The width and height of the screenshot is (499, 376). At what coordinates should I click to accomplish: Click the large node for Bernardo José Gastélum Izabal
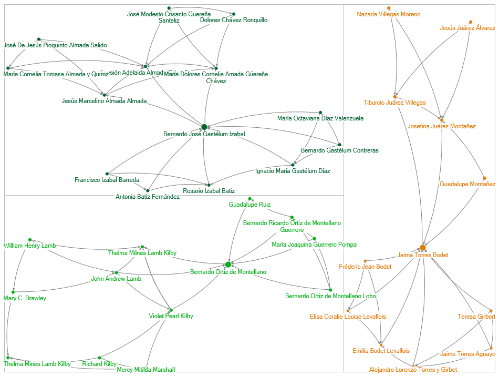pyautogui.click(x=204, y=127)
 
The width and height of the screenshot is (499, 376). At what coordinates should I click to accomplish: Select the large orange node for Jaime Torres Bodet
pyautogui.click(x=423, y=248)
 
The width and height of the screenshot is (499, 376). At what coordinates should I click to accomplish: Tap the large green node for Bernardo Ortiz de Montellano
pyautogui.click(x=228, y=265)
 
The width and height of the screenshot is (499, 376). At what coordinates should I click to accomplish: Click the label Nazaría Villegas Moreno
pyautogui.click(x=388, y=15)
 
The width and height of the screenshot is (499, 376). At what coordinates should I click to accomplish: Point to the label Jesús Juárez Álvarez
pyautogui.click(x=467, y=28)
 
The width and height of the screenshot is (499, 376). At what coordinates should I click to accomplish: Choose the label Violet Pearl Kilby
pyautogui.click(x=171, y=317)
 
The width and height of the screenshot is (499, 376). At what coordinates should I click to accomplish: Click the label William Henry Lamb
pyautogui.click(x=30, y=246)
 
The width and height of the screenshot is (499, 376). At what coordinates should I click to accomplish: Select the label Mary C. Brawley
pyautogui.click(x=25, y=299)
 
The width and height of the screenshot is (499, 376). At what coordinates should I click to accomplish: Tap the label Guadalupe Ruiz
pyautogui.click(x=250, y=205)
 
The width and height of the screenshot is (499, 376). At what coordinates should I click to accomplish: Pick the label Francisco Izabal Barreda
pyautogui.click(x=107, y=180)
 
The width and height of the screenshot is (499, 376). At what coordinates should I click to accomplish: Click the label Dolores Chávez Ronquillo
pyautogui.click(x=234, y=20)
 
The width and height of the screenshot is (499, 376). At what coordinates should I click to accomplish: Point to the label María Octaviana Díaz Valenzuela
pyautogui.click(x=320, y=118)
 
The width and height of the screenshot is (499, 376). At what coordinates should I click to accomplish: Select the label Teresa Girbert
pyautogui.click(x=476, y=317)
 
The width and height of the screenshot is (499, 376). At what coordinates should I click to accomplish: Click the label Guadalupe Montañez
pyautogui.click(x=467, y=185)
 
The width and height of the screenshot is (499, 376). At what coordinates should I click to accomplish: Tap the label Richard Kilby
pyautogui.click(x=99, y=364)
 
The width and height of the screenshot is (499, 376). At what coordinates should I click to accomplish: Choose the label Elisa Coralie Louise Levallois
pyautogui.click(x=348, y=317)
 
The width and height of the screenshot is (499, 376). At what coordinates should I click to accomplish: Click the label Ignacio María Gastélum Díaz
pyautogui.click(x=293, y=171)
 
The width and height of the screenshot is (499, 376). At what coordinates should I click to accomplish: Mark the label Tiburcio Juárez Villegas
pyautogui.click(x=394, y=103)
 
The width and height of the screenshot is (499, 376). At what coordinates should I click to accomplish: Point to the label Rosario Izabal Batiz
pyautogui.click(x=209, y=191)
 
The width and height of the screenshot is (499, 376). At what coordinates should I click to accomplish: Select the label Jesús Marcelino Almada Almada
pyautogui.click(x=104, y=101)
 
